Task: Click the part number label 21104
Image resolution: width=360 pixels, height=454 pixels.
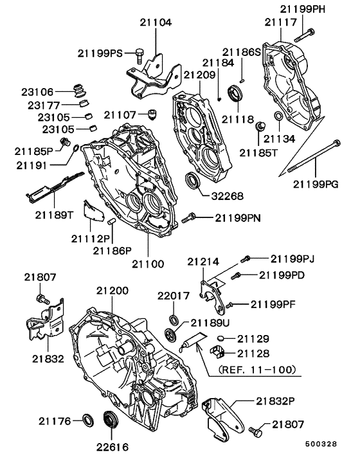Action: [x=156, y=22]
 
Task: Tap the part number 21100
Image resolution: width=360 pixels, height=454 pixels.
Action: [x=148, y=264]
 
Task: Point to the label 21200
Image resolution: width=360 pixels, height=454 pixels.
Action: [x=113, y=291]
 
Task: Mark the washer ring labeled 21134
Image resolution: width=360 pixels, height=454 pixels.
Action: [x=277, y=116]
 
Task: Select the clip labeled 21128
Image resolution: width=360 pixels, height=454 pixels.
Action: [x=219, y=352]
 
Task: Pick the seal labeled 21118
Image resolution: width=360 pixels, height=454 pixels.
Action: [x=236, y=95]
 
